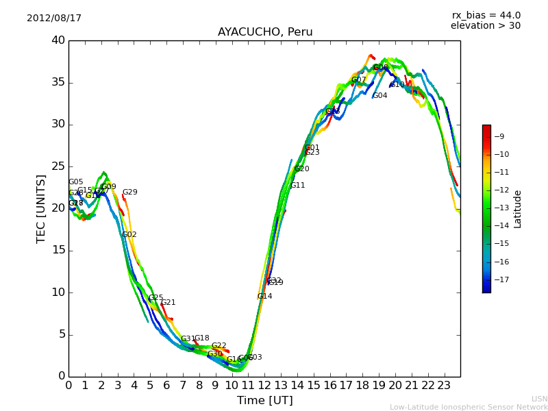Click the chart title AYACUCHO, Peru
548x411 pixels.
tap(265, 32)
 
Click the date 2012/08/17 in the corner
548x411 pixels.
tap(54, 18)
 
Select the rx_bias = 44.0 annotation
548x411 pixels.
tap(486, 15)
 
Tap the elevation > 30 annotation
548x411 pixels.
tap(485, 26)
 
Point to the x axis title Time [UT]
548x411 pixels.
tap(264, 401)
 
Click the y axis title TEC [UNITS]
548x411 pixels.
tap(41, 208)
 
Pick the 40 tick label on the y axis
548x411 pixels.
tap(58, 40)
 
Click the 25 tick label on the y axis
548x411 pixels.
tap(58, 166)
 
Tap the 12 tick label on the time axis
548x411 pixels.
tap(264, 385)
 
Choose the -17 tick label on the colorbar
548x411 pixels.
tap(500, 279)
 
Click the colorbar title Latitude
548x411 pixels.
tap(518, 209)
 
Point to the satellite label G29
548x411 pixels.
tap(130, 192)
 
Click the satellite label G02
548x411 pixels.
tap(129, 235)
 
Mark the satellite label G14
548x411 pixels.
tap(265, 297)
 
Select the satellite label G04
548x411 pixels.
tap(380, 96)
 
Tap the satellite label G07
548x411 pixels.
tap(359, 80)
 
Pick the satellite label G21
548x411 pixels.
tap(169, 303)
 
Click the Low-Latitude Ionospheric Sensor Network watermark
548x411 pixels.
tap(469, 407)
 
